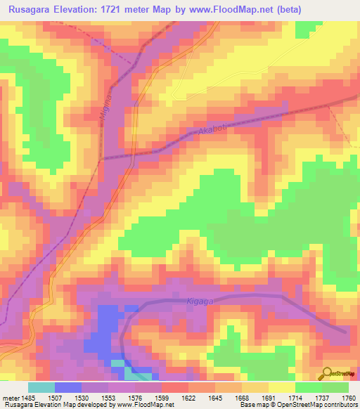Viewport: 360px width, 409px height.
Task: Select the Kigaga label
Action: coord(200,300)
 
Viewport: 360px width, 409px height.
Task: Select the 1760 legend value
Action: coord(348,398)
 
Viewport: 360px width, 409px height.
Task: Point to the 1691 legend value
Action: coord(269,398)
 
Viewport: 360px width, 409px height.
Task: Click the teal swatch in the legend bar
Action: coord(41,387)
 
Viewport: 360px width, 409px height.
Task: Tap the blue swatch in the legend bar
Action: coord(68,387)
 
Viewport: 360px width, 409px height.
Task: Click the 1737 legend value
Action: coord(322,398)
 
